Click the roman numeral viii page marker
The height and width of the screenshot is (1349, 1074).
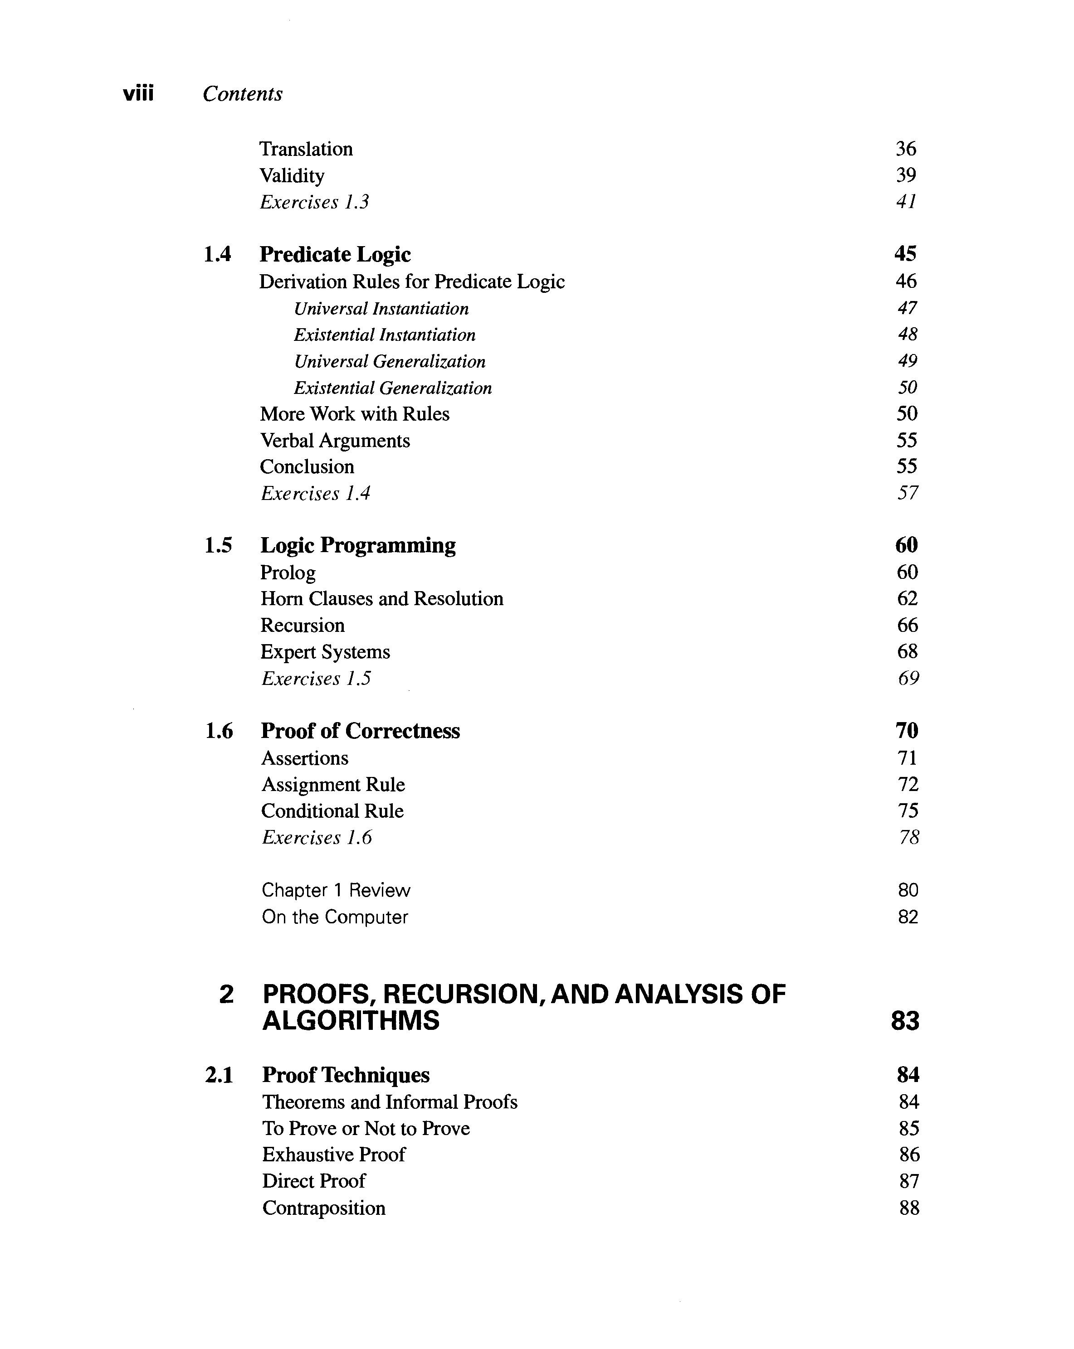138,94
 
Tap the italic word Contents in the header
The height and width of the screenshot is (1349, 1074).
242,94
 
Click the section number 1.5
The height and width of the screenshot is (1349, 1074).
218,545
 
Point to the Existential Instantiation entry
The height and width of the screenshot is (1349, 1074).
384,335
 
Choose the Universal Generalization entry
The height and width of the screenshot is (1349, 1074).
389,362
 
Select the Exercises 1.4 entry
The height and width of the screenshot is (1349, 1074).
315,494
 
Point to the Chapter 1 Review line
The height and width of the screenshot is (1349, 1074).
336,890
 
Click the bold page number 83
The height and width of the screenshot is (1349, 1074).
905,1021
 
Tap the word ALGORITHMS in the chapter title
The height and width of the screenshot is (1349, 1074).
351,1021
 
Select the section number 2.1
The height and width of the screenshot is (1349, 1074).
219,1075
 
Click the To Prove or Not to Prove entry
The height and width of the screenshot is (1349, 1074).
366,1128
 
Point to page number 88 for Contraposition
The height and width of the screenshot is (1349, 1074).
909,1208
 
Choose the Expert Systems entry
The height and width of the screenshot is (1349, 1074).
325,652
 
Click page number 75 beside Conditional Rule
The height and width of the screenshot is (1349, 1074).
908,811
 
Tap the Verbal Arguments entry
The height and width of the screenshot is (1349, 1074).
335,441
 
